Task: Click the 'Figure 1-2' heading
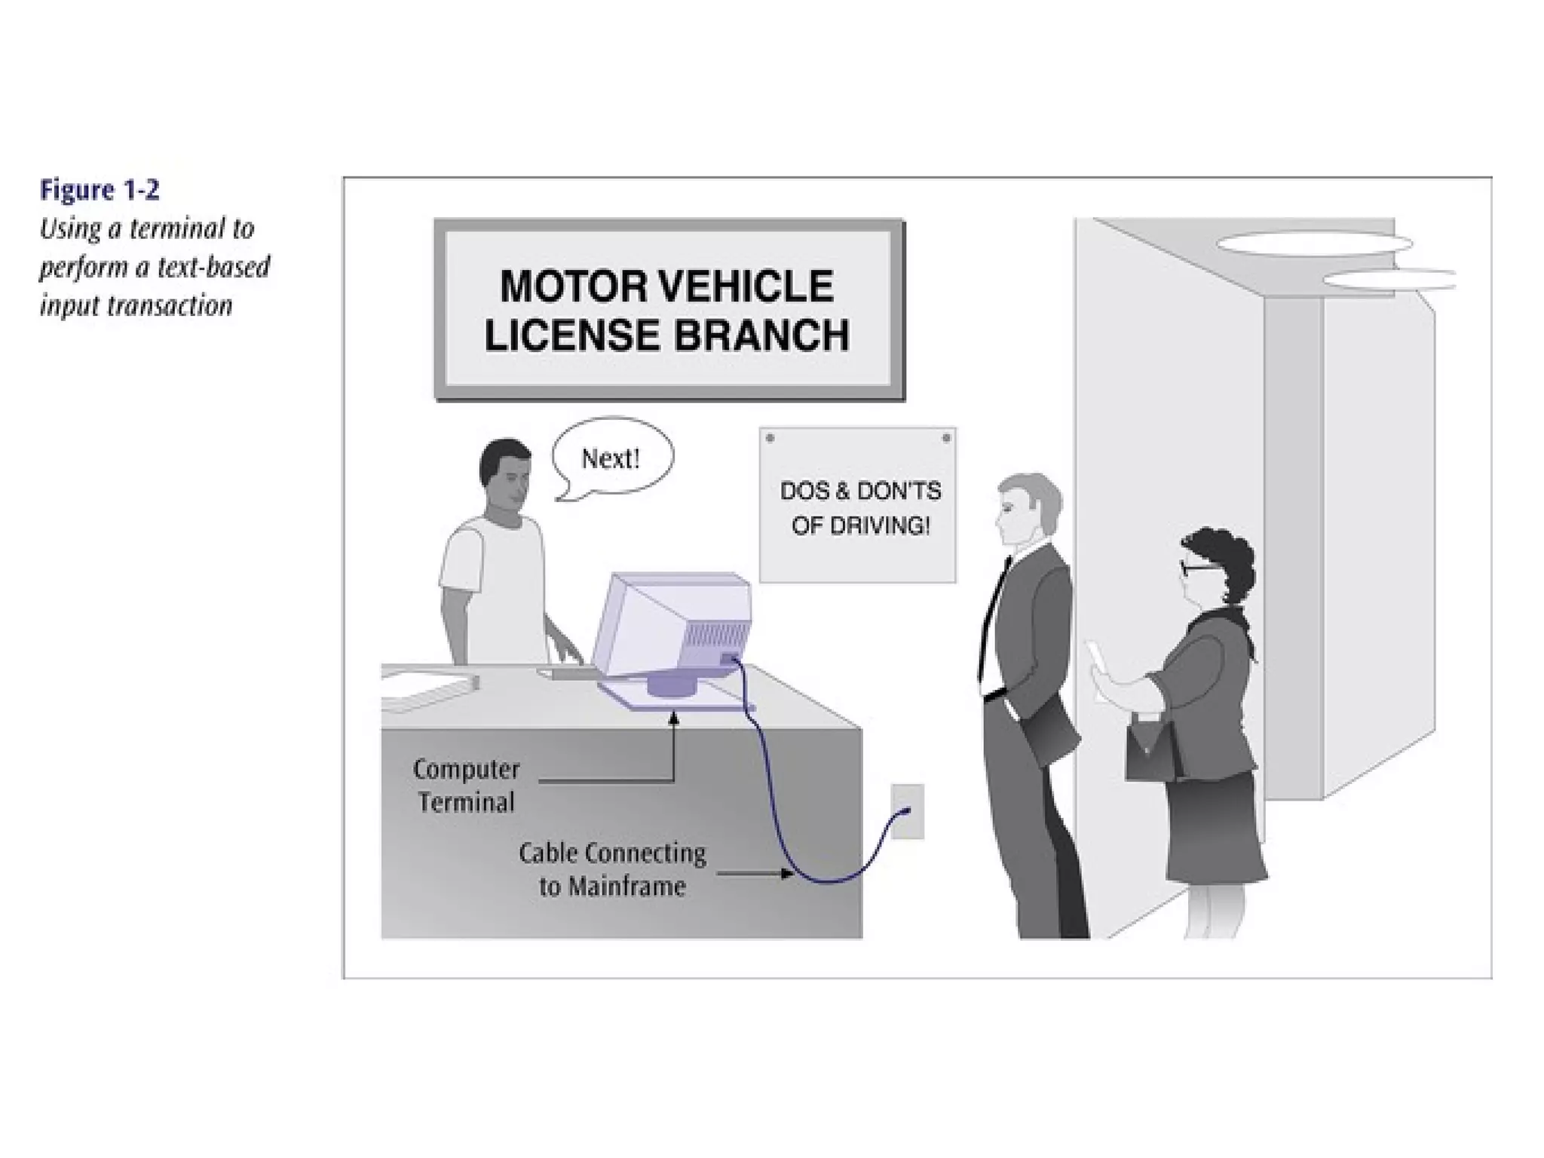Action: click(100, 190)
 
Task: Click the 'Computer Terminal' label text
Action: click(467, 785)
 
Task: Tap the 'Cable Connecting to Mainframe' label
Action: click(612, 869)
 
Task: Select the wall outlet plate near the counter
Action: click(907, 811)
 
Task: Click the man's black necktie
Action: click(993, 618)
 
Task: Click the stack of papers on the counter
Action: click(426, 690)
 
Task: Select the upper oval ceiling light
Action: click(1313, 244)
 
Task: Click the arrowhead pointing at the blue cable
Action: click(788, 874)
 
